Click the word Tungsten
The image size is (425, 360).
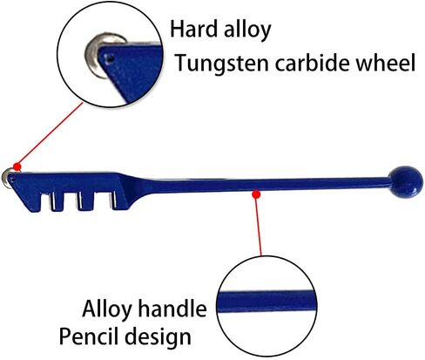point(222,64)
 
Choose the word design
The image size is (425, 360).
point(158,337)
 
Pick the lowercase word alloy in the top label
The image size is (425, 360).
point(247,31)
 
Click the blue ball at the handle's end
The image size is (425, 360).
point(406,182)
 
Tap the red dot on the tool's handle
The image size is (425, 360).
point(256,194)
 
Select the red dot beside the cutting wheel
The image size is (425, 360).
point(17,166)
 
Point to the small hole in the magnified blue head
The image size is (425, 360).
point(110,59)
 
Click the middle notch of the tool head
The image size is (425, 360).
point(85,201)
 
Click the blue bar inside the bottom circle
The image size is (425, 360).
point(266,301)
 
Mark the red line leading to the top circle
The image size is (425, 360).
point(51,134)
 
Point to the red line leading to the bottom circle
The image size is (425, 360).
point(259,225)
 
